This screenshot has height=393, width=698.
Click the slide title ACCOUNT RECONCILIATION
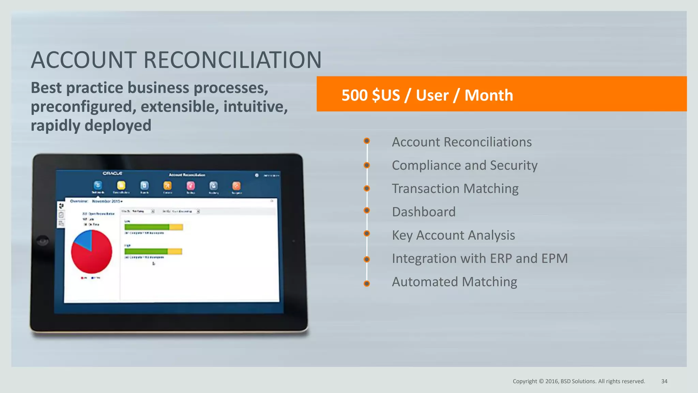tap(176, 60)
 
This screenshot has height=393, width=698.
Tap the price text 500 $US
tap(370, 95)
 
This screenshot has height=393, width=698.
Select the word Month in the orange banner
tap(488, 95)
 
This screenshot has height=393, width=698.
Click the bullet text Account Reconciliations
tap(461, 142)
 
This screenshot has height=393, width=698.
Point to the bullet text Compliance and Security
tap(465, 165)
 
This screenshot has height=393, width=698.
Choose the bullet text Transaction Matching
tap(455, 189)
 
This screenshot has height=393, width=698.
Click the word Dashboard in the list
tap(424, 212)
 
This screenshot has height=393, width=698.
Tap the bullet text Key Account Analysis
tap(453, 235)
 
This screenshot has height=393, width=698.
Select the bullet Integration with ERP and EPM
tap(480, 259)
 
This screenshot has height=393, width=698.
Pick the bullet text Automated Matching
tap(454, 282)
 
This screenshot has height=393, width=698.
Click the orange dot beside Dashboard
tap(367, 210)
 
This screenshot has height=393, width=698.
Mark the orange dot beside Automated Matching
tap(367, 283)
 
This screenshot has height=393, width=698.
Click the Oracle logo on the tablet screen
tap(112, 174)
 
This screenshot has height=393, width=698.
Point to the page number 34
tap(664, 381)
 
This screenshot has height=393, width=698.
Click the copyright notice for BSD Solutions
tap(579, 381)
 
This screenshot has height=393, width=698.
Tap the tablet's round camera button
tap(43, 241)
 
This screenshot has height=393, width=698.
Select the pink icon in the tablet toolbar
tap(191, 186)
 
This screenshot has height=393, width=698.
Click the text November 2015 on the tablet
tap(107, 201)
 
